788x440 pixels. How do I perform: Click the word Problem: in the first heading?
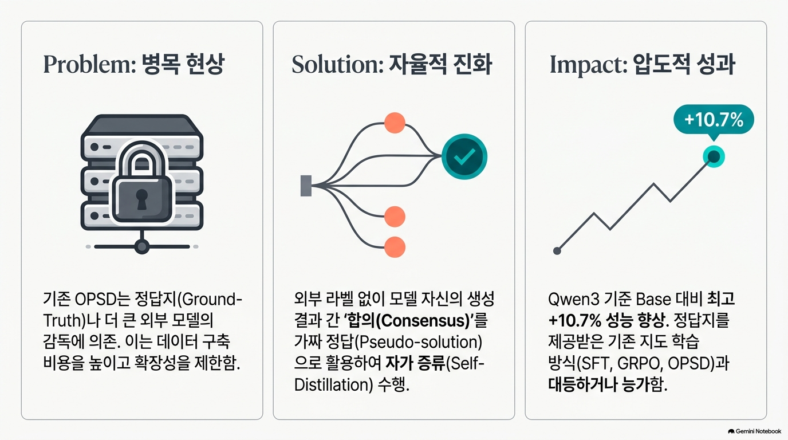(89, 64)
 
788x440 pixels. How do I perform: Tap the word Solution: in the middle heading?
(337, 64)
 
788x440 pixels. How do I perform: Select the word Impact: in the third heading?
(589, 65)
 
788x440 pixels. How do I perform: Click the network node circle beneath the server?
(142, 246)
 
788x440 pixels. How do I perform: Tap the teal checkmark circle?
(464, 156)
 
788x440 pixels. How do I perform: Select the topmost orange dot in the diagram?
(395, 123)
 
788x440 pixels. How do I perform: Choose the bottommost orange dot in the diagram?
(395, 247)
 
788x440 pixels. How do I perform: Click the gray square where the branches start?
(306, 186)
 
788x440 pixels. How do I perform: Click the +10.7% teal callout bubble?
(714, 120)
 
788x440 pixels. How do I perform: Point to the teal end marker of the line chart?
(714, 156)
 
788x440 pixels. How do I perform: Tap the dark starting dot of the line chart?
(557, 251)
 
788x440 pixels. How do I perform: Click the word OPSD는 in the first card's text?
(103, 300)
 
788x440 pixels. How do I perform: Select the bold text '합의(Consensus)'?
(409, 321)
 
